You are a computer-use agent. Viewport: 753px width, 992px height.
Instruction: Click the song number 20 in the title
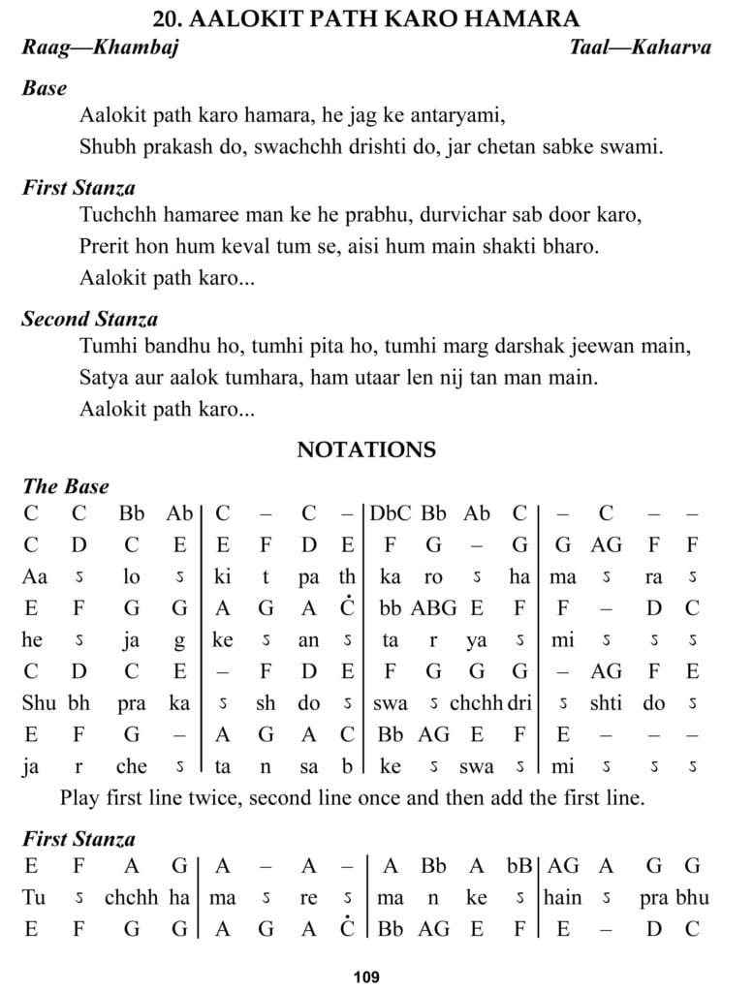167,18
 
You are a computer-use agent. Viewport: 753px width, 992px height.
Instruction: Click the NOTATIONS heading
366,450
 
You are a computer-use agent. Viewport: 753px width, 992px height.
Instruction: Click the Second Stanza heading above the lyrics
90,319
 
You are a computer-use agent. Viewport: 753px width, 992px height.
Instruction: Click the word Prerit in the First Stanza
107,246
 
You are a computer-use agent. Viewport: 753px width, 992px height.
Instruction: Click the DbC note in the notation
391,513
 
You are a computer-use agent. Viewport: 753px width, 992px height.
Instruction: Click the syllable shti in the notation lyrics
608,703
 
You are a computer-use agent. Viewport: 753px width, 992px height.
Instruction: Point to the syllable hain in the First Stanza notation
562,897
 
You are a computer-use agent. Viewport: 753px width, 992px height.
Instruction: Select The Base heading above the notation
66,486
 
